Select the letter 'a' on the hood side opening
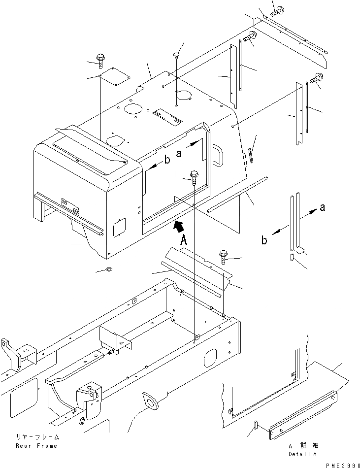pyautogui.click(x=179, y=153)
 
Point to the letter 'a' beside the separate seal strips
pyautogui.click(x=322, y=207)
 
